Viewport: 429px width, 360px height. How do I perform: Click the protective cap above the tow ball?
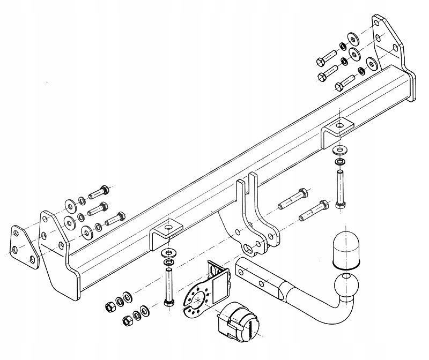(x=346, y=250)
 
